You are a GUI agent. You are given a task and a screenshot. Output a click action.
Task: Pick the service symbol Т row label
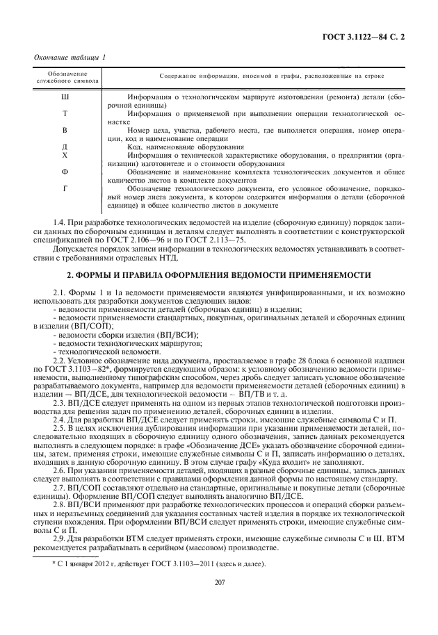coord(65,113)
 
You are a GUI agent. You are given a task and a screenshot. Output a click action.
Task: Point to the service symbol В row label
coord(65,130)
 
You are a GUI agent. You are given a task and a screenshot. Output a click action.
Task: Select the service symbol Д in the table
coord(65,147)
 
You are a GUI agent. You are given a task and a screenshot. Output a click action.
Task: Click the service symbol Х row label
coord(65,155)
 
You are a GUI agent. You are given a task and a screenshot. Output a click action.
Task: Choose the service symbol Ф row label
coord(65,171)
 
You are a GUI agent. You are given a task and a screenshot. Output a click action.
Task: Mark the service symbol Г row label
coord(65,188)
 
